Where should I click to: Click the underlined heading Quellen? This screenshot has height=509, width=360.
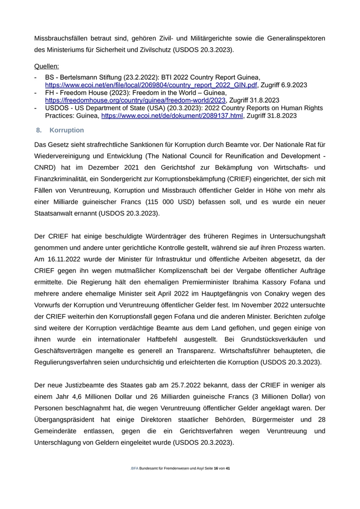(46, 66)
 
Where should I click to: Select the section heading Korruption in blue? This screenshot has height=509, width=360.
(67, 131)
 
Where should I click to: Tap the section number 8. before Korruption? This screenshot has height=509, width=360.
(39, 131)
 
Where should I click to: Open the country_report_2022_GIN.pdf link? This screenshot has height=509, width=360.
(151, 85)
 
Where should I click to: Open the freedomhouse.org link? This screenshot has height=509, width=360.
(135, 100)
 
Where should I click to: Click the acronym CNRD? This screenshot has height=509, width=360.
(46, 168)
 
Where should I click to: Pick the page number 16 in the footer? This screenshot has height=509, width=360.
(216, 469)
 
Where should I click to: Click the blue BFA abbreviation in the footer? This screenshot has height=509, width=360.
(135, 469)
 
